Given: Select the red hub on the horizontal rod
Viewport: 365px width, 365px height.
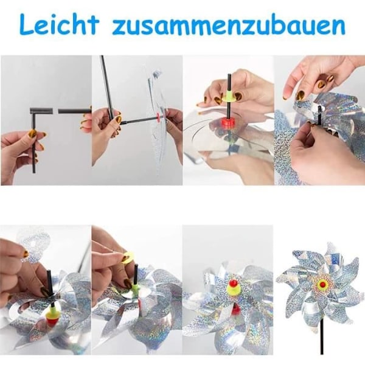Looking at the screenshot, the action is pos(159,116).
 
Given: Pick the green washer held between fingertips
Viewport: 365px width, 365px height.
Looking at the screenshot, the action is pos(229,96).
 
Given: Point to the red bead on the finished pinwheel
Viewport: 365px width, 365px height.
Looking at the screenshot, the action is pos(322,283).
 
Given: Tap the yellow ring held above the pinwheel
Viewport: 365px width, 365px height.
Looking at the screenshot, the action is pos(128,255).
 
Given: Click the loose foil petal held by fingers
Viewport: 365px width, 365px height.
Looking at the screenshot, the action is pos(33,245).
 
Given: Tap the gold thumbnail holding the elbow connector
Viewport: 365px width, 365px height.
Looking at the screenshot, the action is pos(32,134).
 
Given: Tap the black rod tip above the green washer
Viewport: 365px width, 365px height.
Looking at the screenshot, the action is pos(229,82).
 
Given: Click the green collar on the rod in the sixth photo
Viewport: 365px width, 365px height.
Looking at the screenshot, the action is pos(134,285).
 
